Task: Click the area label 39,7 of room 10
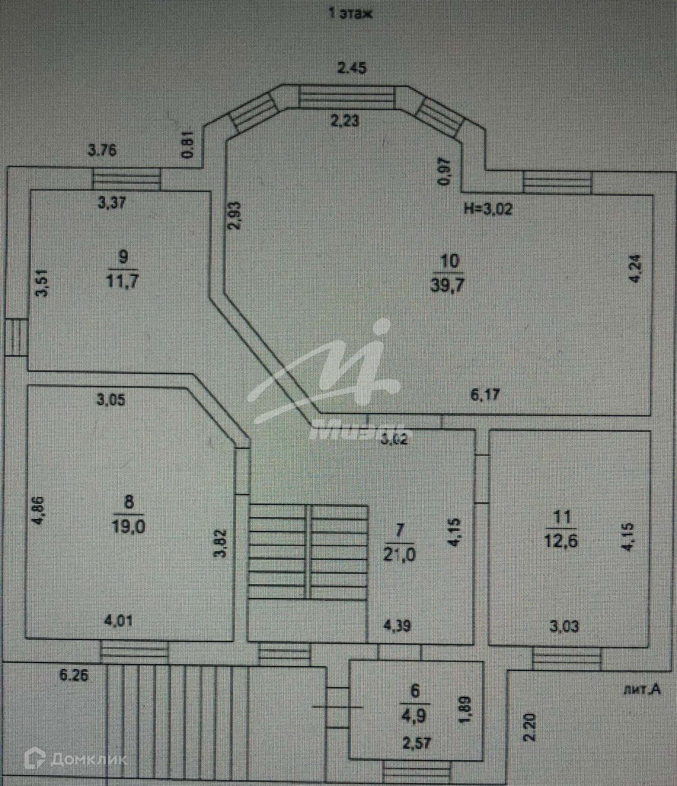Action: (x=446, y=285)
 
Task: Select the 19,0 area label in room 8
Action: (x=129, y=526)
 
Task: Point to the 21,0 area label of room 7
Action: (x=400, y=554)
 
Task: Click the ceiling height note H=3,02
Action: (x=488, y=209)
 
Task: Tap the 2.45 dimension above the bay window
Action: (x=352, y=68)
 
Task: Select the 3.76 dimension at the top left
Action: (x=102, y=150)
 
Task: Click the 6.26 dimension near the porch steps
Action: (x=73, y=675)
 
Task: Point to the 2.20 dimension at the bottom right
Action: (x=530, y=728)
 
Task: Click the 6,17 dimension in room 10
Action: (x=485, y=395)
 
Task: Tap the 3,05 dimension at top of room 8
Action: (x=110, y=399)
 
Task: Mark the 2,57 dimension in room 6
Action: (x=416, y=743)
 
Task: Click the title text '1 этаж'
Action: (x=350, y=13)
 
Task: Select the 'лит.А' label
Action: (x=641, y=690)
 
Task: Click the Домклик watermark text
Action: (x=88, y=760)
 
